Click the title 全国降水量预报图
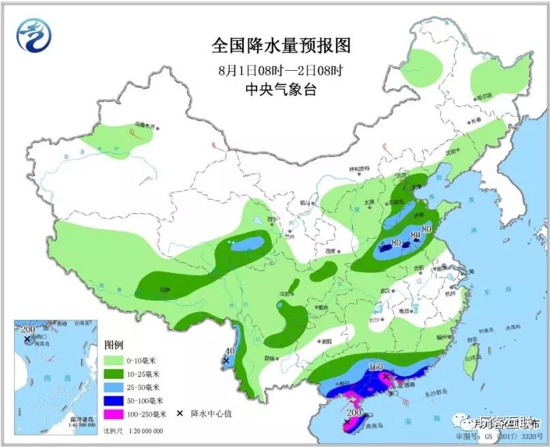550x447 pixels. pos(281,46)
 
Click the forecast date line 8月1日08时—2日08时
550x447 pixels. pos(281,70)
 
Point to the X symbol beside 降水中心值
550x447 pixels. pos(181,414)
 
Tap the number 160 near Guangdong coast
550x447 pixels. pos(376,369)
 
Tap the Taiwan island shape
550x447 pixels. pos(471,362)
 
